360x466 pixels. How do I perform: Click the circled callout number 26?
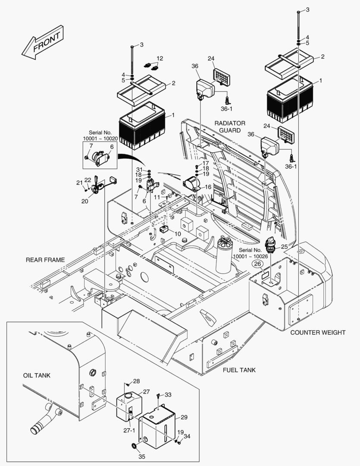[x=257, y=264]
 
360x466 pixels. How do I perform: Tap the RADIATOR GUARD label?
[x=230, y=126]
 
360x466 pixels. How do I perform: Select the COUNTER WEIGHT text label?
[x=318, y=332]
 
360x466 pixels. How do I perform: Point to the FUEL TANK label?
[x=239, y=370]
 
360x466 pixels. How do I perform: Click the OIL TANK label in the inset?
[x=37, y=375]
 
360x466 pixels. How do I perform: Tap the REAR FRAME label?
[x=45, y=260]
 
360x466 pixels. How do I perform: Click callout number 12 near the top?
[x=160, y=58]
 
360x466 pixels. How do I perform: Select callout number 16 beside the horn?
[x=208, y=187]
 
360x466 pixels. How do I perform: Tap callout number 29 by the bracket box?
[x=184, y=417]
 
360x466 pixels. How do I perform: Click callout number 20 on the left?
[x=85, y=201]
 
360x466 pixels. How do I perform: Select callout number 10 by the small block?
[x=178, y=233]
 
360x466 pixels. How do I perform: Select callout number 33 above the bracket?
[x=168, y=394]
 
